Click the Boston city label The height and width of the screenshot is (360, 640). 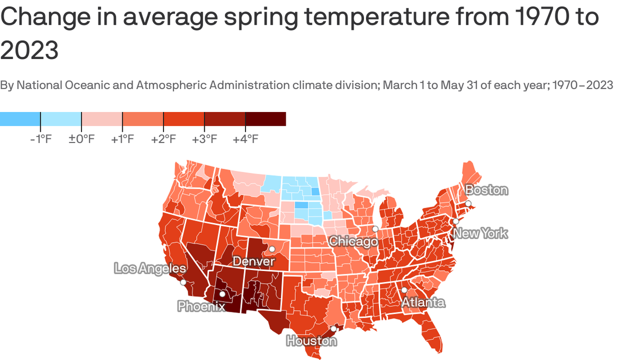point(486,190)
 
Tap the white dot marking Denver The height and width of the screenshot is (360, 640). point(272,249)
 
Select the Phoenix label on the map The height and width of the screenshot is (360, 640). point(201,307)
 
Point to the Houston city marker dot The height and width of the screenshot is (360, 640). point(333,329)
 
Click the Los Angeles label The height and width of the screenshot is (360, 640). point(150,269)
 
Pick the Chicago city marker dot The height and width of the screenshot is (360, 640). point(375,229)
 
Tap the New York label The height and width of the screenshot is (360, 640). point(481,233)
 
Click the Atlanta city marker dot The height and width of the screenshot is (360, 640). point(404,290)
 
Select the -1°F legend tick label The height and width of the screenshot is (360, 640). point(40,139)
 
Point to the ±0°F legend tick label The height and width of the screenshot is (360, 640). point(82,139)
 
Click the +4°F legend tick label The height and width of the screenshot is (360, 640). point(246,139)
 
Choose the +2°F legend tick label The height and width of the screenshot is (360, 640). point(164,139)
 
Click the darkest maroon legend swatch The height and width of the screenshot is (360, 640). point(266,119)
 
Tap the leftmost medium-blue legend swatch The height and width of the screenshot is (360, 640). point(20,119)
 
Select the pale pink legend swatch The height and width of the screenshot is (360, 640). point(102,119)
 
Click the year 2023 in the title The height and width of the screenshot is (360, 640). point(29,50)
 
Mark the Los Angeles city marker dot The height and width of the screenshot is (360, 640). point(183,282)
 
